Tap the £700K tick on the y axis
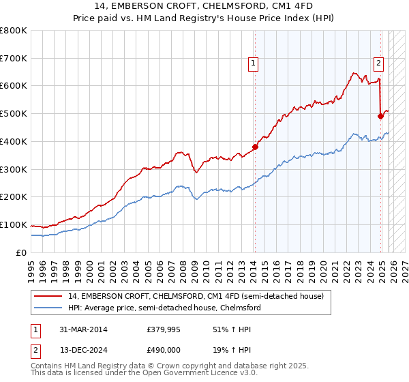[x=14, y=59]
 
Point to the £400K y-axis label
[x=14, y=142]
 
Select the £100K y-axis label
[x=14, y=225]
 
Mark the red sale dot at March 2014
[x=255, y=147]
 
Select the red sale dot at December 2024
[x=380, y=116]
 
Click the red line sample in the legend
[x=48, y=296]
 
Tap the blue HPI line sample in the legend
[x=48, y=308]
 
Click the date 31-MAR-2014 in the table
[x=82, y=330]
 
